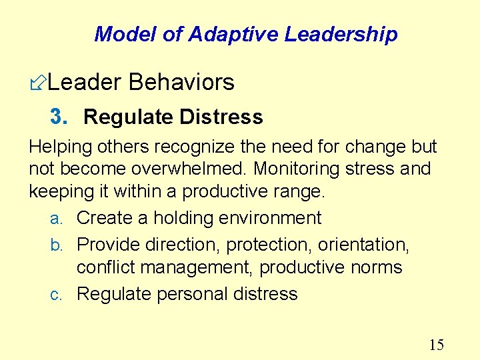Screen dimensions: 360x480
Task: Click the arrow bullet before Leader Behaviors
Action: pyautogui.click(x=38, y=83)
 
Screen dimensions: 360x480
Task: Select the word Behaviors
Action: pyautogui.click(x=181, y=82)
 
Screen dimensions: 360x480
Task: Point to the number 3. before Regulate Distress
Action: pyautogui.click(x=59, y=117)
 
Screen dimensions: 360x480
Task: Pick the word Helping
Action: pyautogui.click(x=59, y=147)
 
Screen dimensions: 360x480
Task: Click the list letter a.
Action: pyautogui.click(x=57, y=219)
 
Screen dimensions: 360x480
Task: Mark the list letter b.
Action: pyautogui.click(x=57, y=245)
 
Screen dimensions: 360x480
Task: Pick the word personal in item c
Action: pyautogui.click(x=189, y=294)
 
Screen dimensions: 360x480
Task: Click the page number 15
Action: pyautogui.click(x=436, y=345)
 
